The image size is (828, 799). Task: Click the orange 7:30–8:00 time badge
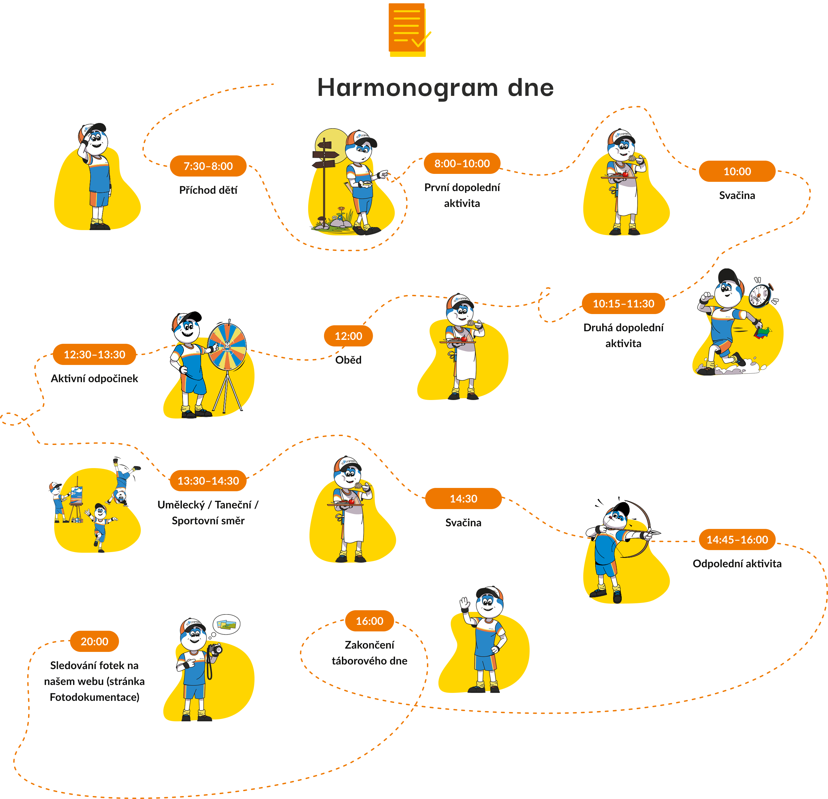[x=208, y=166]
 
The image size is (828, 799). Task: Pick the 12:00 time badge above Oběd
[x=348, y=336]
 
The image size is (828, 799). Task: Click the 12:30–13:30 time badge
[x=94, y=354]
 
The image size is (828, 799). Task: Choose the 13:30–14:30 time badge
[x=208, y=481]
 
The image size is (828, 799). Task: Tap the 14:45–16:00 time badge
[x=737, y=540]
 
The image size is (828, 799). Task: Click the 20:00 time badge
[x=94, y=641]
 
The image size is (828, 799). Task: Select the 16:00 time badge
[x=369, y=621]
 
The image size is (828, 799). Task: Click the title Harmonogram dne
[x=435, y=88]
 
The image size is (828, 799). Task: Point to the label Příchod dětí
[x=208, y=190]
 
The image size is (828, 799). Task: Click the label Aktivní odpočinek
[x=94, y=379]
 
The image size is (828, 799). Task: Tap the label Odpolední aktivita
[x=737, y=563]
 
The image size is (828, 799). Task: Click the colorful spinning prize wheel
[x=227, y=345]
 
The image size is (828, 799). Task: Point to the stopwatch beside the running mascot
[x=761, y=293]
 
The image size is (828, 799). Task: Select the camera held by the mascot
[x=215, y=650]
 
